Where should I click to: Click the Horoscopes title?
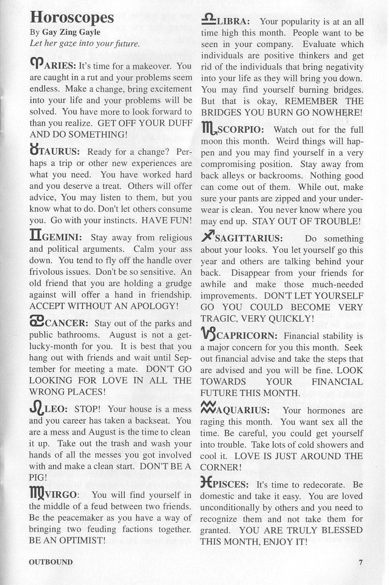[x=72, y=18]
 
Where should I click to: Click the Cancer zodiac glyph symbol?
[x=37, y=322]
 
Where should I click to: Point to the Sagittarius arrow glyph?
[x=208, y=237]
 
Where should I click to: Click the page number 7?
[x=360, y=562]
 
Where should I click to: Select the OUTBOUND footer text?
[x=51, y=562]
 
